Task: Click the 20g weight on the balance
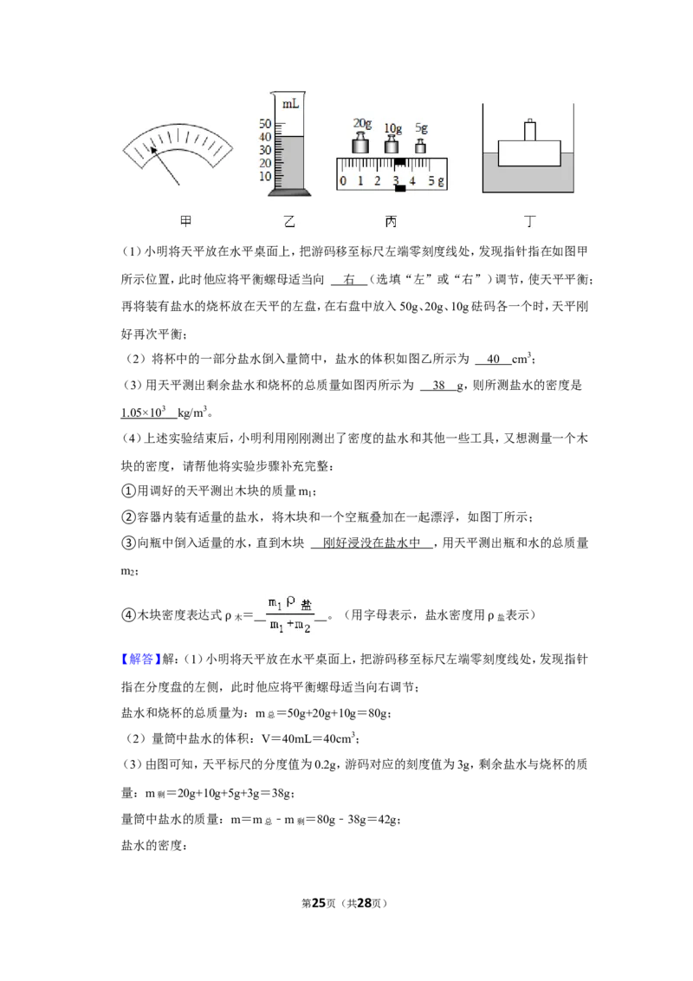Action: point(359,145)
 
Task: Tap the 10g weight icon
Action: point(392,145)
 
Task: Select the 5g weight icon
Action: point(421,146)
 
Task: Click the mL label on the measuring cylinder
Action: point(290,104)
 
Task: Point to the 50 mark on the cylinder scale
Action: point(265,124)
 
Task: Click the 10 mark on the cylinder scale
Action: point(265,177)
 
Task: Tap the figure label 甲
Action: point(185,221)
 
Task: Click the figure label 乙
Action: point(289,221)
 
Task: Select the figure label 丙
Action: point(391,221)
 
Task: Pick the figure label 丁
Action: point(530,221)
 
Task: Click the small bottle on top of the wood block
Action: point(530,130)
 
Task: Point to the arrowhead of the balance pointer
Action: point(152,148)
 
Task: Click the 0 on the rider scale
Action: point(343,181)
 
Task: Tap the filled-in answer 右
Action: point(349,280)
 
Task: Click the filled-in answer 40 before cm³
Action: point(494,359)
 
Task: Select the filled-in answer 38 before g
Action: point(439,386)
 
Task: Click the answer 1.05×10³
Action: point(143,413)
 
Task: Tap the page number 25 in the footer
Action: point(319,903)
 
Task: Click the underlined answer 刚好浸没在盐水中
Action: point(372,543)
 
